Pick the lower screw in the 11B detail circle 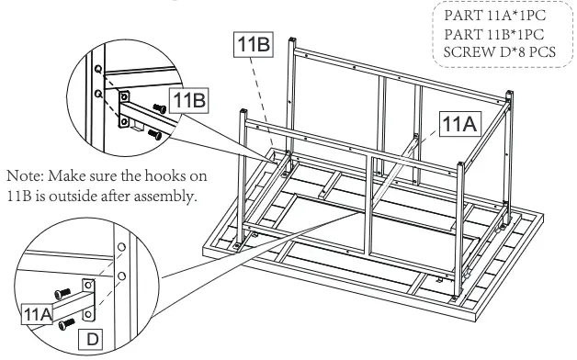[155, 134]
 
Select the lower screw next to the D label [66, 324]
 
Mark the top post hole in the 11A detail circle [119, 247]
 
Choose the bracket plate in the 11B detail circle [125, 102]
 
